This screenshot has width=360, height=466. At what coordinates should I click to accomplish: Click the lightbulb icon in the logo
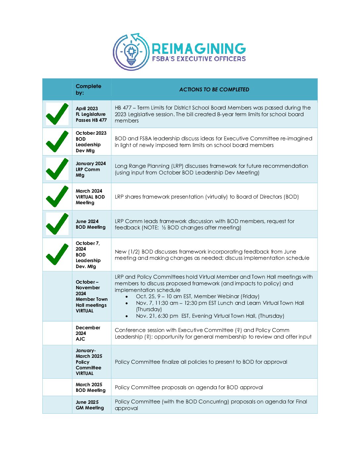click(131, 52)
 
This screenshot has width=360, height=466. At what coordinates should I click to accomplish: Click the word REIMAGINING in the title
click(199, 49)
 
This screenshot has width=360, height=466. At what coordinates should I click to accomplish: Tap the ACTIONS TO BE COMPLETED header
click(214, 89)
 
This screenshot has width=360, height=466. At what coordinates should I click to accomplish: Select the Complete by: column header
click(88, 89)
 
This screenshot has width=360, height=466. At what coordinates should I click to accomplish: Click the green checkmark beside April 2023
click(57, 114)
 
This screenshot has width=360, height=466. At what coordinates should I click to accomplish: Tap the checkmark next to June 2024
click(57, 224)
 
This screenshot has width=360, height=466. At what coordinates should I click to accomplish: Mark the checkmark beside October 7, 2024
click(57, 254)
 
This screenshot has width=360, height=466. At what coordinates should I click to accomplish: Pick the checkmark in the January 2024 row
click(57, 169)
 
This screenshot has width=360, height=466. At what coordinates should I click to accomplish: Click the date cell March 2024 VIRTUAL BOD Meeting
click(90, 197)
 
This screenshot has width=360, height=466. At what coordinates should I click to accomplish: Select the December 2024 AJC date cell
click(88, 333)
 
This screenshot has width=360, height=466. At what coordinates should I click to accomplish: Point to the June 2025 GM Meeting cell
click(90, 405)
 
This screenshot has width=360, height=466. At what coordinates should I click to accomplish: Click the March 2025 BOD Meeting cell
click(90, 387)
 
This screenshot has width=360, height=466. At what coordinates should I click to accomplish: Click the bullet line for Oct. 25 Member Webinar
click(198, 296)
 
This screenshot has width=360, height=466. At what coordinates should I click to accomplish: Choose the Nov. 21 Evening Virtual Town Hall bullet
click(210, 316)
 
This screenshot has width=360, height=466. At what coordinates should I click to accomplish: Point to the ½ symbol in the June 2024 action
click(163, 227)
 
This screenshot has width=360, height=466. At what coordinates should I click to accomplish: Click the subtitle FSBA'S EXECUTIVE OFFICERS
click(199, 59)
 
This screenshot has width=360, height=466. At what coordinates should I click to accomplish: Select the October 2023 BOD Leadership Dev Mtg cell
click(91, 142)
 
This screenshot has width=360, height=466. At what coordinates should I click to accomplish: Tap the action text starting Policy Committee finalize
click(201, 362)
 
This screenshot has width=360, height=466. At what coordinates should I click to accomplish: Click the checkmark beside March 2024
click(57, 196)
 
